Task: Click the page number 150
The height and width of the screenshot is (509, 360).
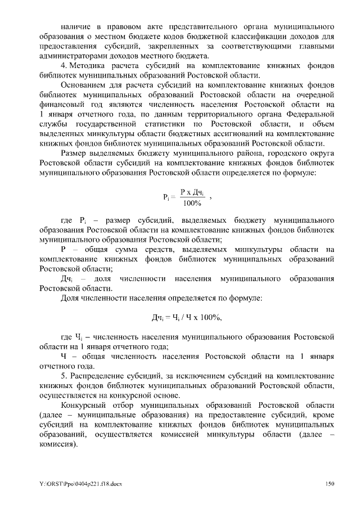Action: tap(330, 483)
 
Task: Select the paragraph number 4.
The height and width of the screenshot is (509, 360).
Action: tap(64, 65)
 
